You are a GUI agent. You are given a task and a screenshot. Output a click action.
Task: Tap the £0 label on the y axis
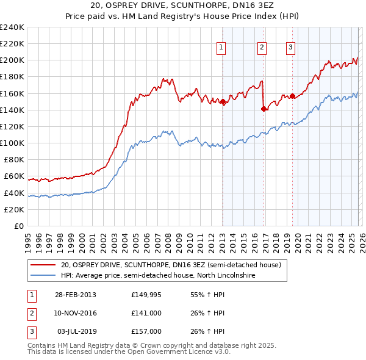tap(19, 226)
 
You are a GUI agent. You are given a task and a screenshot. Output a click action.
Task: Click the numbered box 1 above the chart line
tap(221, 48)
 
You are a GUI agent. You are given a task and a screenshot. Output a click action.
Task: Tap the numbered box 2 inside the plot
tap(262, 48)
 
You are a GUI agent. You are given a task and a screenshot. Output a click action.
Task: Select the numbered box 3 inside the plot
tap(291, 48)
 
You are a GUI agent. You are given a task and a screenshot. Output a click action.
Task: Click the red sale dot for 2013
tap(223, 102)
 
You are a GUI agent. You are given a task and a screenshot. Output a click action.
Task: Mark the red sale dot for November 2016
tap(264, 109)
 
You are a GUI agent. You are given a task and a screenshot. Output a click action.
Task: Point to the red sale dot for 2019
tap(292, 96)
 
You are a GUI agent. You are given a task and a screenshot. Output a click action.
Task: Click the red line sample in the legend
tap(43, 265)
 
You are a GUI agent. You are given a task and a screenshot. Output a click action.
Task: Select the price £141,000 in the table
tap(146, 313)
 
